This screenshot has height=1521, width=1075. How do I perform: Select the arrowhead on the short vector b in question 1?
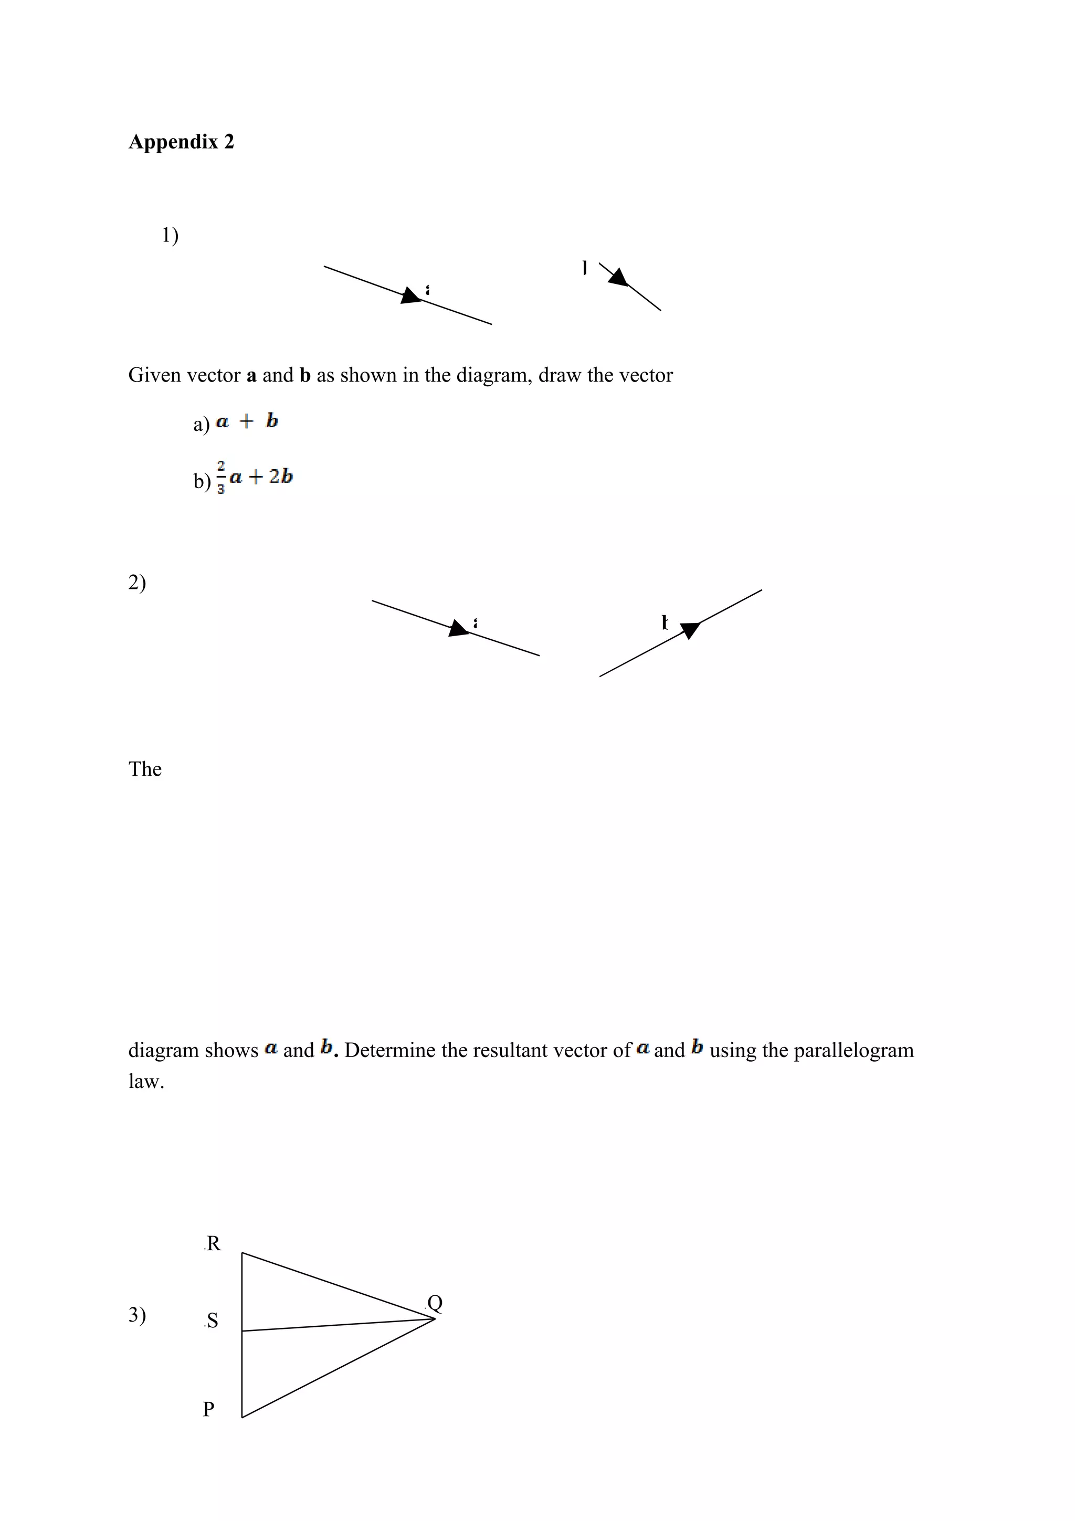(x=618, y=278)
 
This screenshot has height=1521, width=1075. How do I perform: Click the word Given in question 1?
(x=152, y=376)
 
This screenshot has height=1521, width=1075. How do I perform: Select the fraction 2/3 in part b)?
(x=220, y=477)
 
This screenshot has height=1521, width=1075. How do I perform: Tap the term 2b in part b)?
(x=281, y=477)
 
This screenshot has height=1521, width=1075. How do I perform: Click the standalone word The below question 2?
(x=145, y=769)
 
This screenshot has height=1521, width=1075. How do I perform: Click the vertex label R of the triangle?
(x=213, y=1243)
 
